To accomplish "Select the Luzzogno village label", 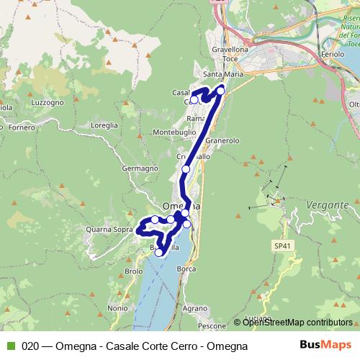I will click(49, 103).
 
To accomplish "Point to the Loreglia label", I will click(104, 125).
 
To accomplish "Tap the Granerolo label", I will click(222, 140).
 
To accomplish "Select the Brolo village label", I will click(134, 271).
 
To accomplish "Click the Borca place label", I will click(186, 269).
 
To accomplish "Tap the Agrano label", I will click(194, 307).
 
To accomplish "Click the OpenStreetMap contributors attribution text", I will click(297, 323).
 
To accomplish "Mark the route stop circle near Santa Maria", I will click(221, 89).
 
